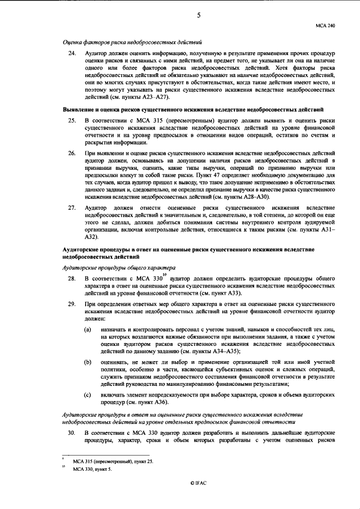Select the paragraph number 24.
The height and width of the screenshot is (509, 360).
click(x=71, y=53)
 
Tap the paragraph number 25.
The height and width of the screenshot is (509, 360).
click(x=71, y=120)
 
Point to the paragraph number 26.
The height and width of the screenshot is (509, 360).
click(x=71, y=153)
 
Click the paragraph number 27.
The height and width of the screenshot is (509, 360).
click(x=71, y=208)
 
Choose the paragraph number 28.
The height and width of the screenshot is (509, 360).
click(x=71, y=278)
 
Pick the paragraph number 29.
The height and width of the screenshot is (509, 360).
click(x=71, y=304)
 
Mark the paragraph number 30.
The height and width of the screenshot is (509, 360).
click(x=71, y=432)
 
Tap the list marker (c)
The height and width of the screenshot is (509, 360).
click(x=88, y=395)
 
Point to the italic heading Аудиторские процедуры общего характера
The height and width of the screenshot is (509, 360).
click(x=119, y=268)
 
